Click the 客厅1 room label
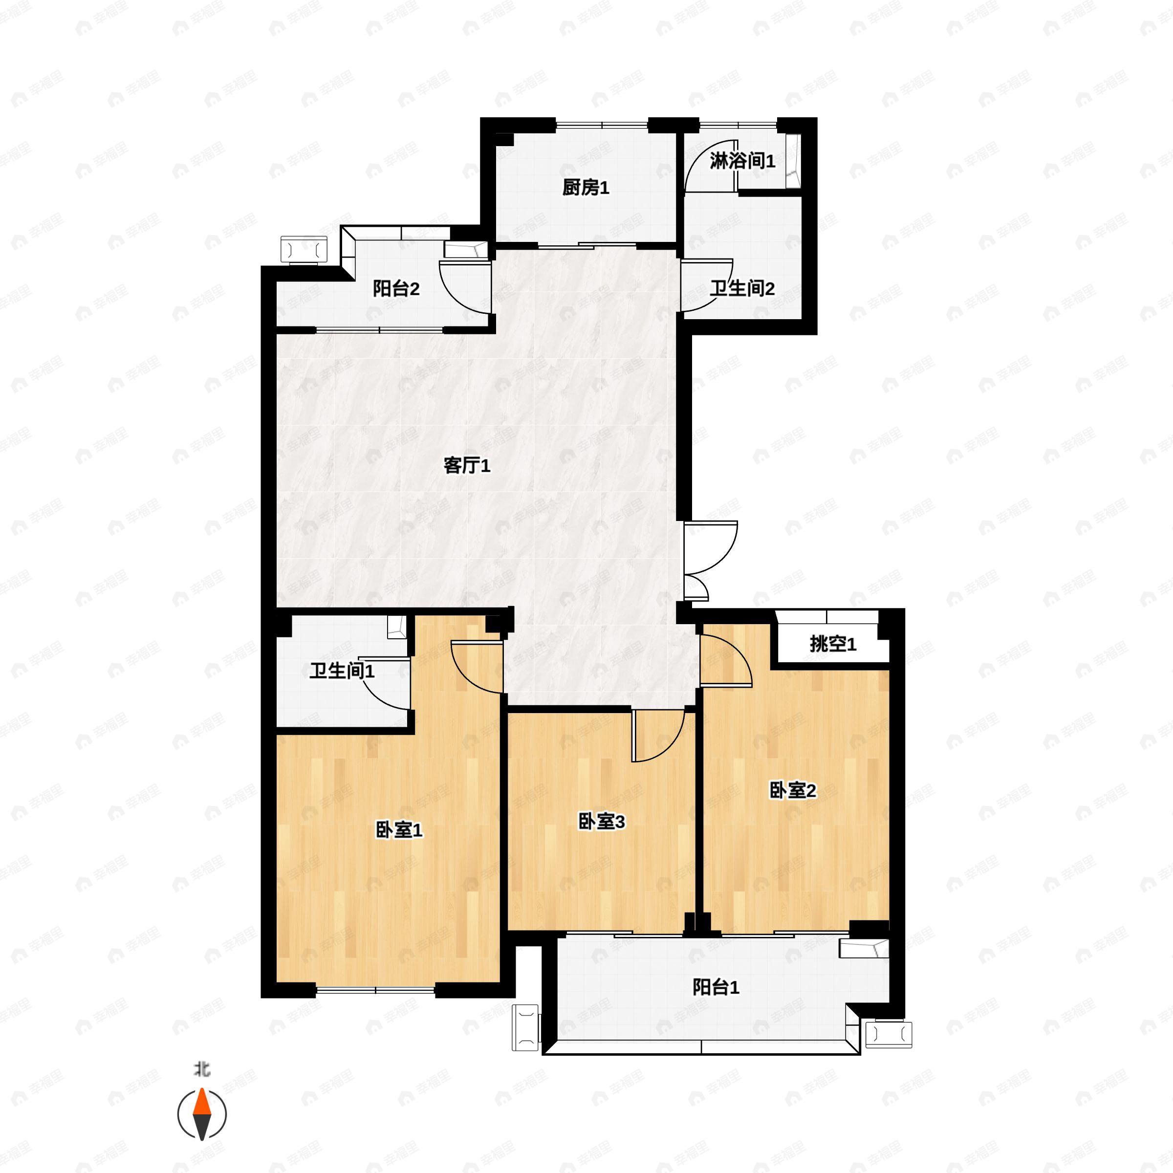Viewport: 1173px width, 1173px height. (467, 466)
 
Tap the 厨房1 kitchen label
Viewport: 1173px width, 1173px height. (586, 188)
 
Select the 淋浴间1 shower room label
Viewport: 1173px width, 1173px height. (742, 161)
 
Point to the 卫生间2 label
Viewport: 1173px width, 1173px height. (742, 288)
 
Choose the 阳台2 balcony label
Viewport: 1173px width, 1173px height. (396, 288)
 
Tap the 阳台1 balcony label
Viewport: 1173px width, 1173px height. (716, 987)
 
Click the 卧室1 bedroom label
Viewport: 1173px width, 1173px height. (399, 830)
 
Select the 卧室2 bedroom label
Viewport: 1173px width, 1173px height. (792, 790)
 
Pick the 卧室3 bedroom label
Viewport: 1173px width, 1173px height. (601, 822)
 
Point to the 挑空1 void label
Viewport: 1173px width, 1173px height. (833, 644)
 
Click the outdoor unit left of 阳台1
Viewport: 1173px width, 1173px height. (526, 1027)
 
